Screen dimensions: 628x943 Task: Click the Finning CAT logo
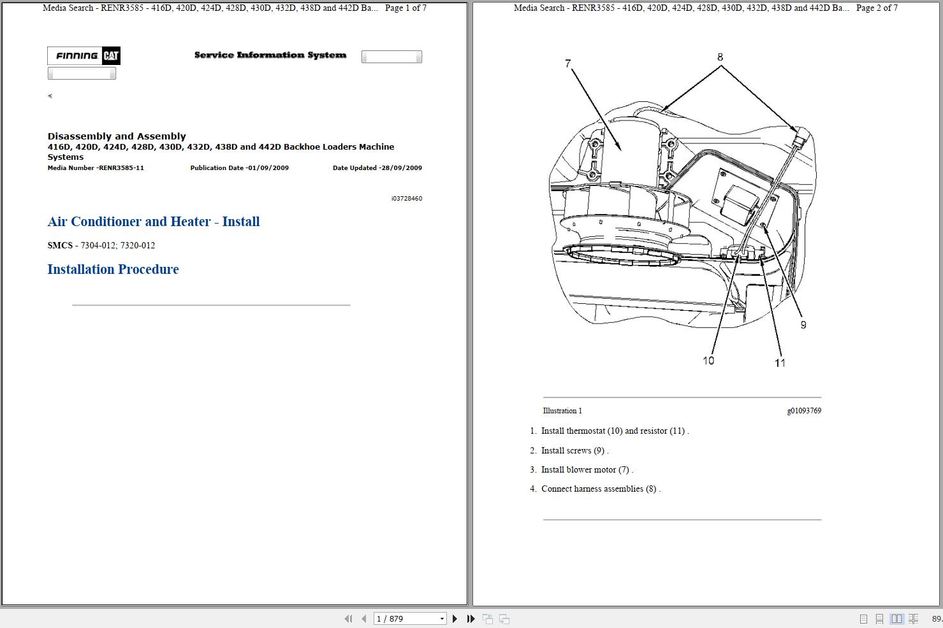click(x=84, y=56)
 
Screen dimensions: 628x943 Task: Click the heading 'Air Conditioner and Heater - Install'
click(x=153, y=222)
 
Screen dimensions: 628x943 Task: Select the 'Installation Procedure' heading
click(x=113, y=269)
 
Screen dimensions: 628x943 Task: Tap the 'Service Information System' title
click(x=270, y=55)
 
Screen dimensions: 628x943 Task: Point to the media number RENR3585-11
click(x=96, y=168)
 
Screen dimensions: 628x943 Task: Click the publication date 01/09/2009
click(x=239, y=168)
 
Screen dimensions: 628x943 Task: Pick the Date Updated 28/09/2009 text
click(x=377, y=168)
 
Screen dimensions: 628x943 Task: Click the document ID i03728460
click(x=406, y=199)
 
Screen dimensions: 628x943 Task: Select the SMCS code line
click(x=101, y=245)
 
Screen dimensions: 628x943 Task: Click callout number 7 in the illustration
click(x=567, y=64)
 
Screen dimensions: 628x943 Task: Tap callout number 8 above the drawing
click(x=720, y=57)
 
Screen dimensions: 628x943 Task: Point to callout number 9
click(x=803, y=325)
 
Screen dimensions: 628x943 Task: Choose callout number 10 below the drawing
click(x=708, y=360)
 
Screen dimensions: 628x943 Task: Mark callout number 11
click(x=780, y=362)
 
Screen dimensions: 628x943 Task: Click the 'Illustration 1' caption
click(x=562, y=411)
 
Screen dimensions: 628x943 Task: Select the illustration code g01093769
click(x=803, y=411)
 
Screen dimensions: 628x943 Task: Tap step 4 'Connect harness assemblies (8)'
click(x=600, y=489)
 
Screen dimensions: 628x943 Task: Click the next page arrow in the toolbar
click(x=455, y=618)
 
